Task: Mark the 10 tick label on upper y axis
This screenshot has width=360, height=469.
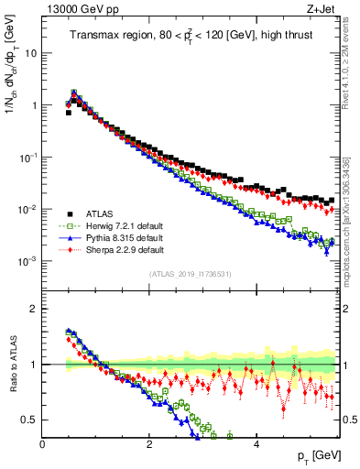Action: (x=30, y=53)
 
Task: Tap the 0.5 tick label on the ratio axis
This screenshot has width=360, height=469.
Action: (x=28, y=420)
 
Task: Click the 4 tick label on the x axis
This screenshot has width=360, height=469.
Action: (x=256, y=445)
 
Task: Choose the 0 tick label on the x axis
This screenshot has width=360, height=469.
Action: (x=42, y=445)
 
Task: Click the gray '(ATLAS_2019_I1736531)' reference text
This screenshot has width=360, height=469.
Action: (x=191, y=274)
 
